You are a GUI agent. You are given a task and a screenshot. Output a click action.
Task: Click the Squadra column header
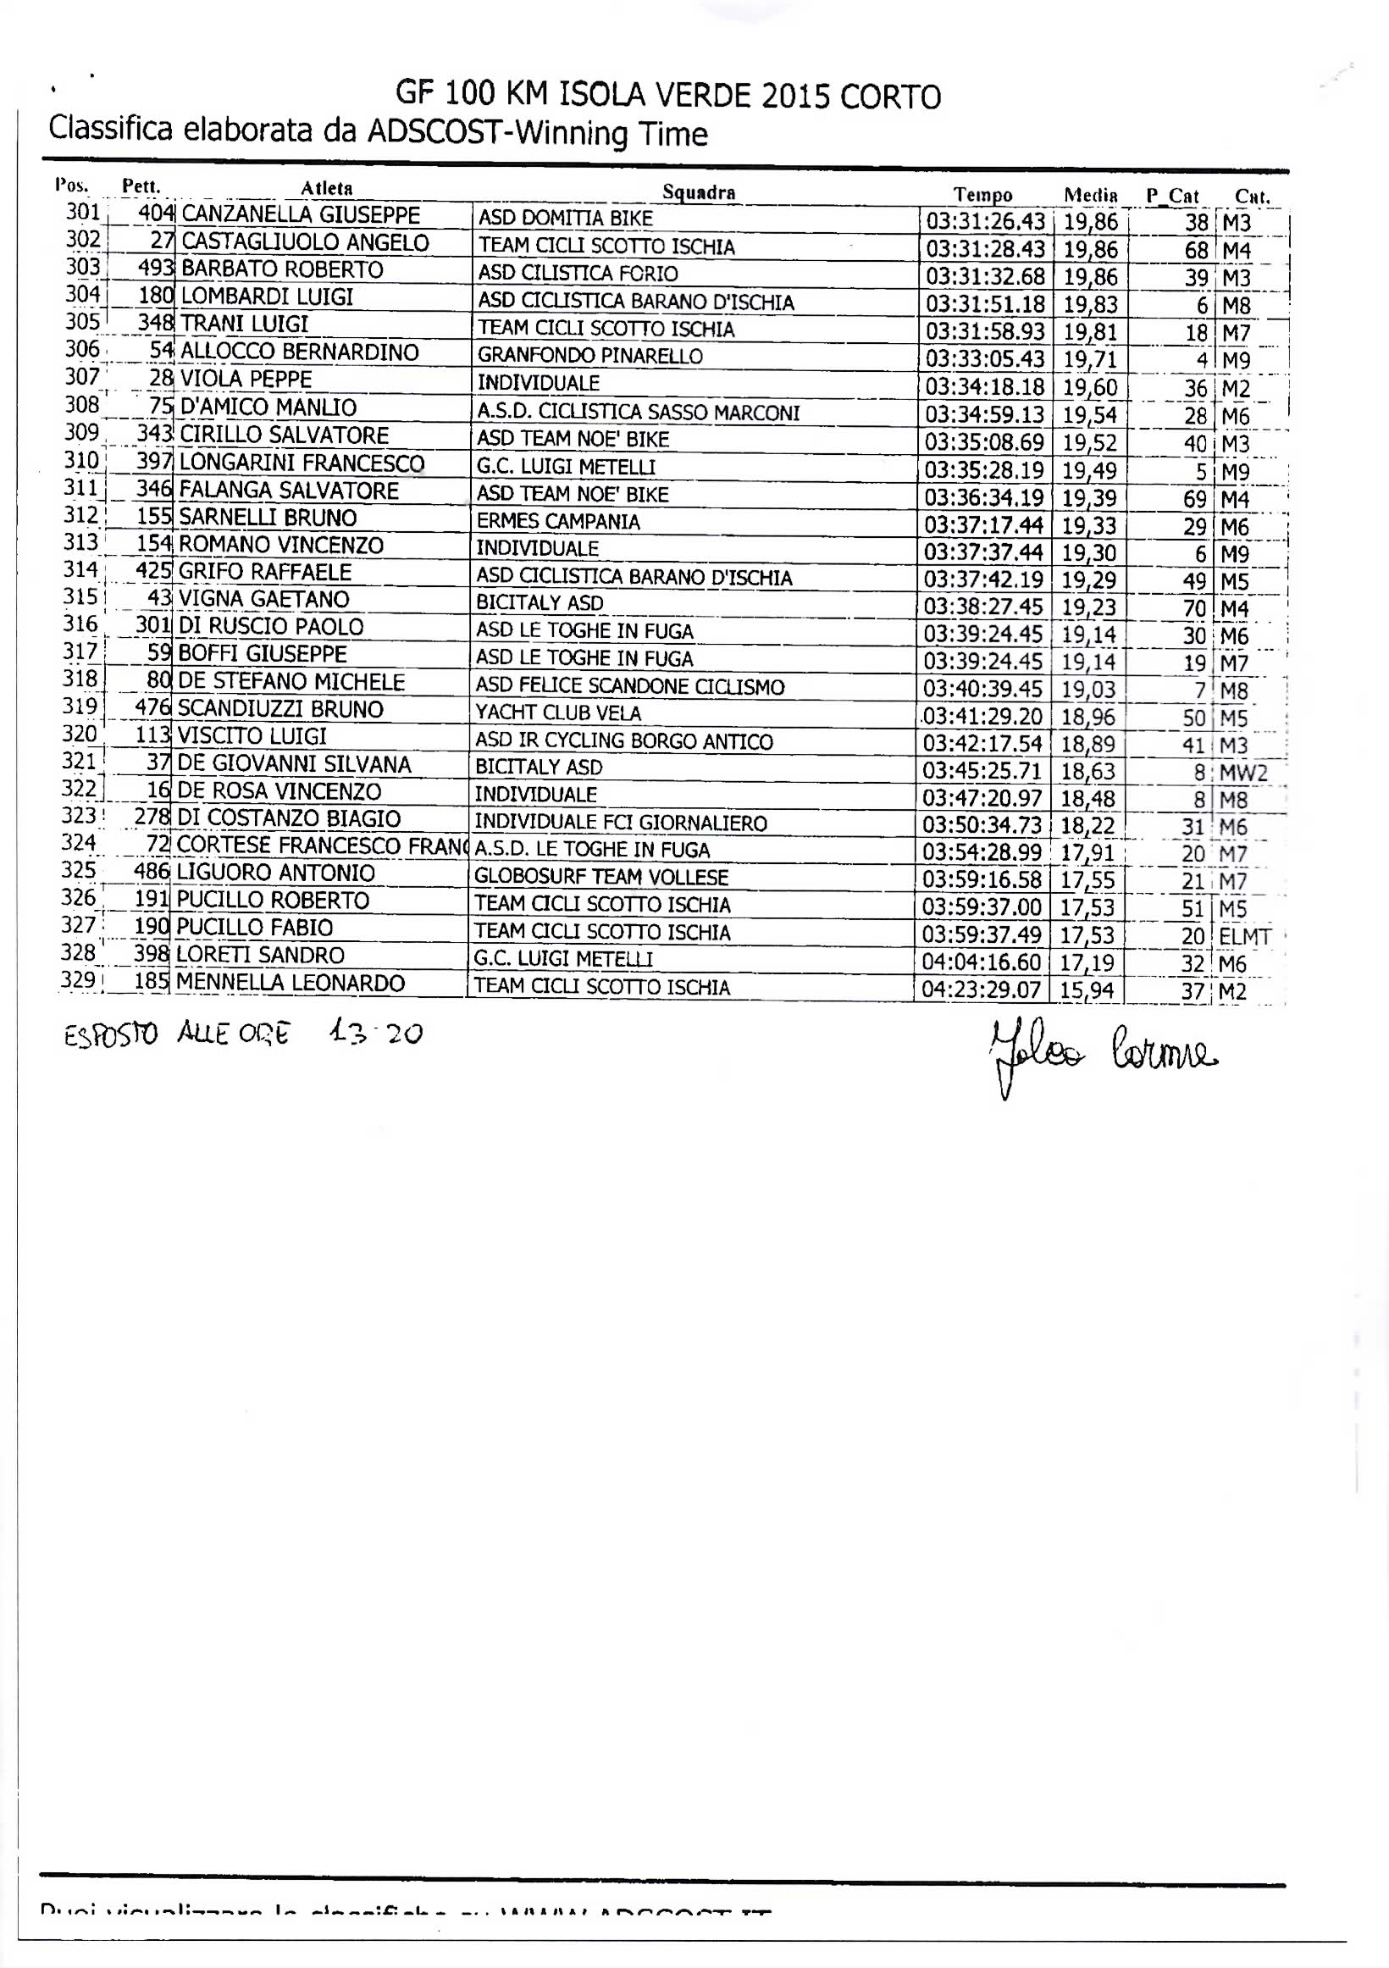(699, 192)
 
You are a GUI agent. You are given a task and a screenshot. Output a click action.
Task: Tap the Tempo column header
(982, 196)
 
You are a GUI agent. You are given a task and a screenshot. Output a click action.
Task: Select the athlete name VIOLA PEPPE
(246, 379)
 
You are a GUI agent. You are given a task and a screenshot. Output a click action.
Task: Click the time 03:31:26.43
(985, 222)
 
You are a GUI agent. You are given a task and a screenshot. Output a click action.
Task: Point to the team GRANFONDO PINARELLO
(589, 356)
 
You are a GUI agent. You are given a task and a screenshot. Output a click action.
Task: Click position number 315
(80, 597)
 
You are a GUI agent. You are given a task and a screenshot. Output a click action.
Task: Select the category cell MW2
(1242, 773)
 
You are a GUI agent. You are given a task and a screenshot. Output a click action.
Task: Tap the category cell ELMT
(1244, 937)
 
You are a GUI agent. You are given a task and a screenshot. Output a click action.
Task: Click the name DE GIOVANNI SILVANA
(294, 763)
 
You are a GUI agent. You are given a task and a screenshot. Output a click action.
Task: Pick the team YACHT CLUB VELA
(558, 713)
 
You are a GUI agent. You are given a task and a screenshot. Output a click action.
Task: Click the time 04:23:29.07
(981, 991)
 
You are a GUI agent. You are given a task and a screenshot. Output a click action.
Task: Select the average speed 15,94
(1087, 991)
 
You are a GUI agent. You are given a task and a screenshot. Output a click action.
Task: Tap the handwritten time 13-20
(375, 1034)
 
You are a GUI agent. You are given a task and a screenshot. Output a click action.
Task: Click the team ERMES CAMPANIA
(558, 521)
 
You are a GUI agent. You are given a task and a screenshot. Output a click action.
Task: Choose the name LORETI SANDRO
(261, 955)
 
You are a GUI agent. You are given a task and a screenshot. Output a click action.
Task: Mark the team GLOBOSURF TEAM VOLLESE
(600, 878)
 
